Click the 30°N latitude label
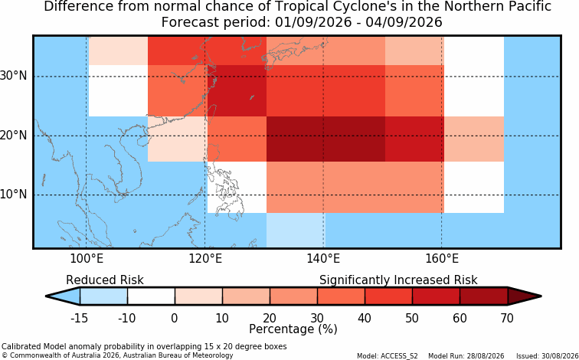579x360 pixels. click(14, 76)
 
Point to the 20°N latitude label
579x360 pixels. click(14, 136)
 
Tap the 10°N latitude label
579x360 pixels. click(14, 195)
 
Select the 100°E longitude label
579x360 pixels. click(87, 259)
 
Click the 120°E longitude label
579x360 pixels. click(205, 259)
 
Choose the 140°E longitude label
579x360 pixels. click(323, 259)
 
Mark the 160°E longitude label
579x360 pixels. click(442, 259)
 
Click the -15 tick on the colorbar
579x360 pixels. click(79, 318)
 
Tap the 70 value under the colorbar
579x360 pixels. click(507, 318)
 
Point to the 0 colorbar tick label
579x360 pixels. click(175, 318)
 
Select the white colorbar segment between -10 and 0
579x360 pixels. click(151, 296)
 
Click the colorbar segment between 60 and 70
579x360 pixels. click(484, 296)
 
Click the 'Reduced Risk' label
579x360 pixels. click(105, 280)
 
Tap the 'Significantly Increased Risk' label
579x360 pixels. click(398, 280)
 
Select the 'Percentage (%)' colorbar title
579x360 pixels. click(293, 329)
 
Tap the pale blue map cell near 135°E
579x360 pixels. click(296, 230)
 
